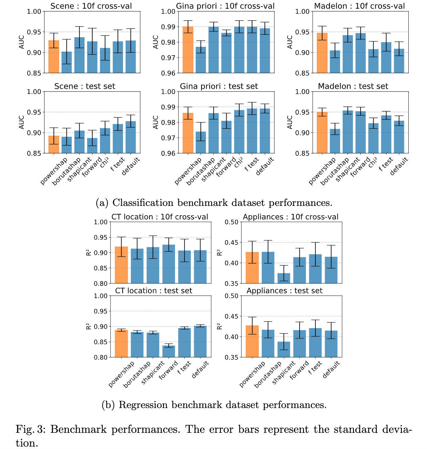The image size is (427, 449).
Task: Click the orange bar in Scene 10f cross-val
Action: [54, 57]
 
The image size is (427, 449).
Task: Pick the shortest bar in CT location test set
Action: [169, 351]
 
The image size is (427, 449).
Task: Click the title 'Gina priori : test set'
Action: [219, 86]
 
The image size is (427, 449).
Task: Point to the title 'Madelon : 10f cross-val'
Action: [360, 6]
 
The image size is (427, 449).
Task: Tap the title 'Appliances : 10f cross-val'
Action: [291, 217]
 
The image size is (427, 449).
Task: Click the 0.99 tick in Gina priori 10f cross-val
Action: [169, 27]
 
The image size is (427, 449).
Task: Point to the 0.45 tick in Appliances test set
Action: [231, 316]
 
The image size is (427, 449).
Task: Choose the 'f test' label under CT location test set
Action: [184, 368]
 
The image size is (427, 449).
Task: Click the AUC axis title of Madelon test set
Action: [290, 122]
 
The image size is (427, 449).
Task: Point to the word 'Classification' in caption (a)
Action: [143, 203]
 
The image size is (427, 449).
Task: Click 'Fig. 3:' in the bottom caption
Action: [31, 429]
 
